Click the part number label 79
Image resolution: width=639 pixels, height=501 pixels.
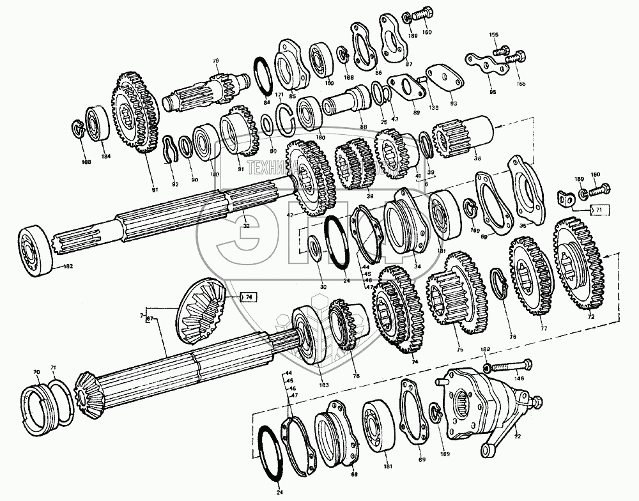[x=215, y=60]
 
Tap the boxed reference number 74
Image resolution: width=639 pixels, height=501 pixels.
[x=249, y=297]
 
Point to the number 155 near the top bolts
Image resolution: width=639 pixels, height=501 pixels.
[x=493, y=34]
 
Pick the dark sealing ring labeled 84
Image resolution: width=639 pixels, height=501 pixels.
[x=263, y=79]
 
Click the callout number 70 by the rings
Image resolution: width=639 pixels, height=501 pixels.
[x=36, y=371]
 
